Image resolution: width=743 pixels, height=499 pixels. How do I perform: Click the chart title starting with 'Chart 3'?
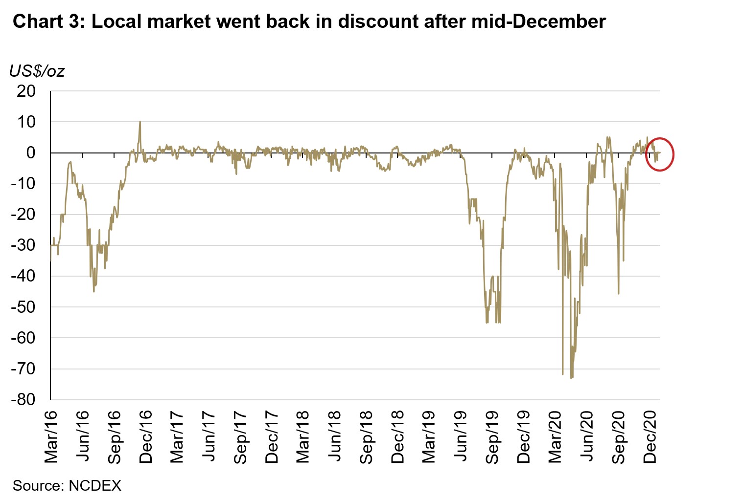[x=309, y=22]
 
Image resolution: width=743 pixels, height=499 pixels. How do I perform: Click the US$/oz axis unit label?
[x=37, y=71]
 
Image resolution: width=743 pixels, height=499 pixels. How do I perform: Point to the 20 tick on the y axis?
[x=26, y=91]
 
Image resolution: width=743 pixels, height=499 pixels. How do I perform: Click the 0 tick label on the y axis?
[x=31, y=152]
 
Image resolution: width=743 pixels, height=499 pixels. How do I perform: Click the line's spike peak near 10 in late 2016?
[x=140, y=122]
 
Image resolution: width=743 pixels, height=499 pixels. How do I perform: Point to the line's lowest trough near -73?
[x=571, y=377]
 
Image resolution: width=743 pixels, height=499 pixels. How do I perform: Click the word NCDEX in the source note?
[x=94, y=485]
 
